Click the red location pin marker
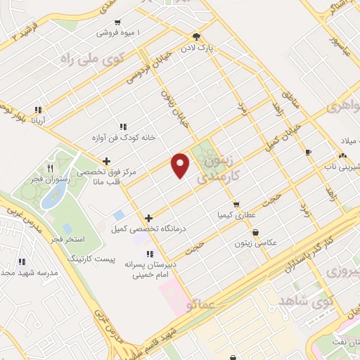coord(181,165)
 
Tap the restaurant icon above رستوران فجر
coord(50,168)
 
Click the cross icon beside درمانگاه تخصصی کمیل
coord(148,218)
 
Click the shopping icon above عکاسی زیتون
coord(255,231)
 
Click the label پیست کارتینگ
coord(90,259)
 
